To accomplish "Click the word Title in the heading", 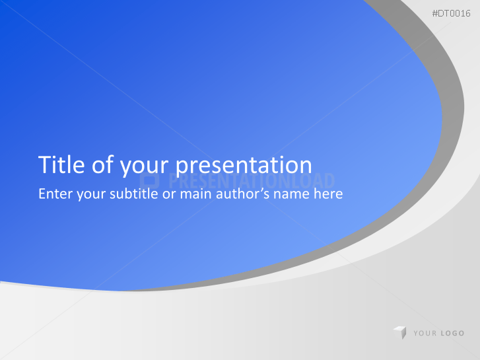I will point(61,164).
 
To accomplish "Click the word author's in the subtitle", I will point(244,195).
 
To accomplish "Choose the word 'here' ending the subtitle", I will point(329,195).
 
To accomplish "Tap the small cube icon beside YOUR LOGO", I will point(399,333).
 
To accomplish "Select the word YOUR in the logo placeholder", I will point(425,334).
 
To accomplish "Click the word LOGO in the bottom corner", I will point(452,334).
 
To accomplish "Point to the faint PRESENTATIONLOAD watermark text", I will point(251,181).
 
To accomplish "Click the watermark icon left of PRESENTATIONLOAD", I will point(150,181).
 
